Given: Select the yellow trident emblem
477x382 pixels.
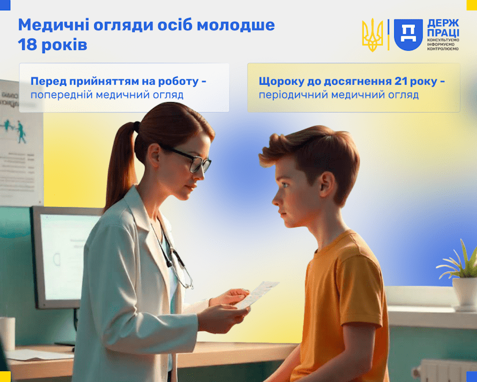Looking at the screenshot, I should pos(373,35).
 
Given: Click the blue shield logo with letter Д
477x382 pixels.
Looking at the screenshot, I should pos(408,34).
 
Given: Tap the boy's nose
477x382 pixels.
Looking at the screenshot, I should pos(275,195).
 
